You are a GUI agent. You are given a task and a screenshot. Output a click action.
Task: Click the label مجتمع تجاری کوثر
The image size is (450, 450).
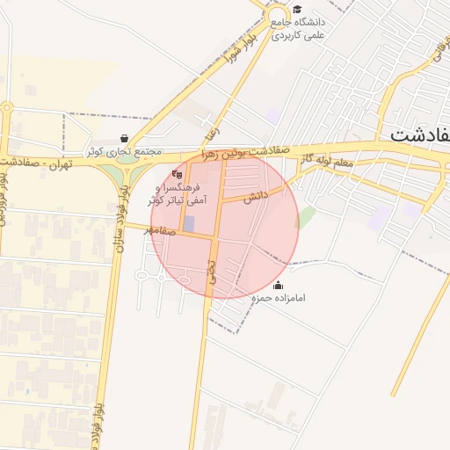pyautogui.click(x=124, y=151)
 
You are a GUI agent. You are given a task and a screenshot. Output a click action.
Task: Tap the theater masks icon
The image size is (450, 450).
pyautogui.click(x=178, y=174)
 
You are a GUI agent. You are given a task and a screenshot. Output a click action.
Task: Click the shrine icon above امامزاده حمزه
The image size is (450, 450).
pyautogui.click(x=279, y=285)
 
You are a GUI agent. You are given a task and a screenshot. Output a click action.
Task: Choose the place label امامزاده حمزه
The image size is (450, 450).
pyautogui.click(x=279, y=299)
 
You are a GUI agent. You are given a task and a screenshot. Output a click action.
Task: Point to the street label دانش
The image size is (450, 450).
pyautogui.click(x=256, y=196)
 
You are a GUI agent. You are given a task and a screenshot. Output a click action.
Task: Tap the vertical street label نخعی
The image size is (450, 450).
pyautogui.click(x=211, y=269)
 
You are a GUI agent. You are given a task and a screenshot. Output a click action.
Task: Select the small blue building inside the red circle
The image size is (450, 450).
pyautogui.click(x=189, y=223)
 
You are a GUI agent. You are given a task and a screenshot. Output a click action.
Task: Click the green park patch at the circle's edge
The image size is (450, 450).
pyautogui.click(x=306, y=217)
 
